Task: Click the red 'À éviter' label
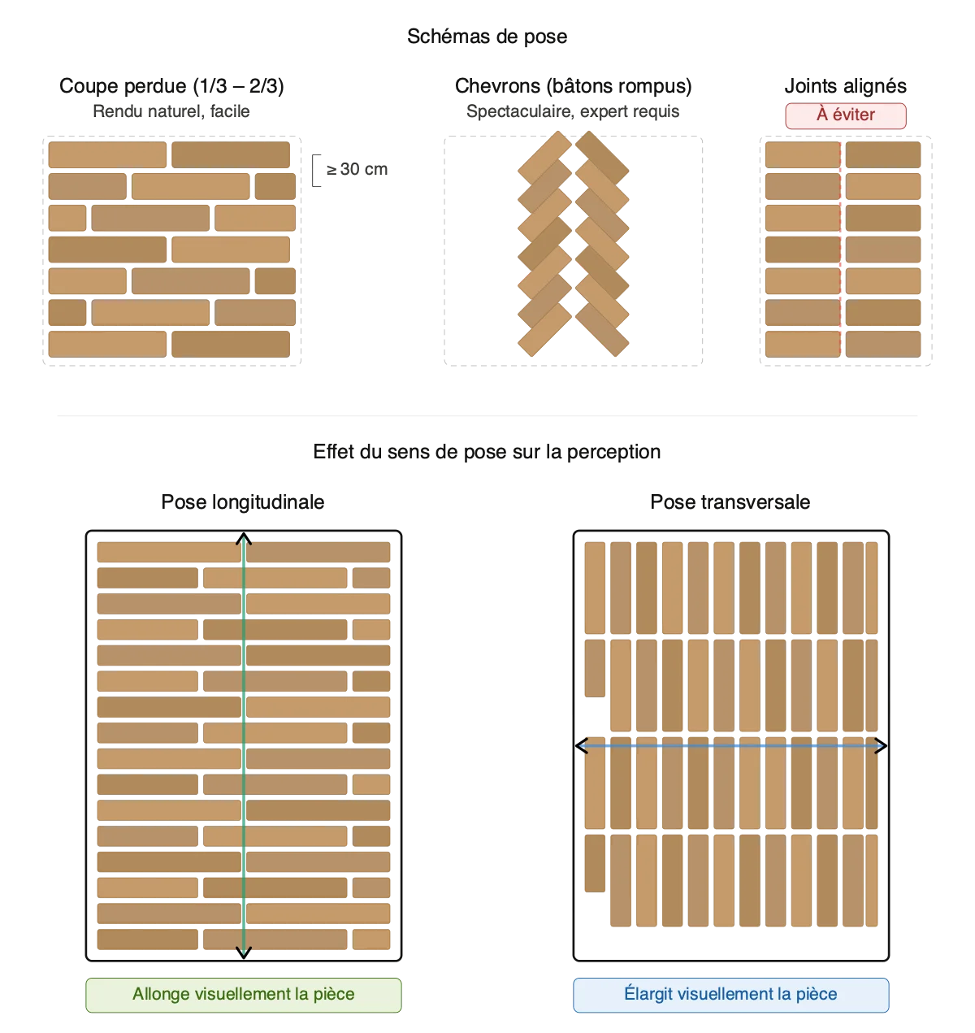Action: [846, 115]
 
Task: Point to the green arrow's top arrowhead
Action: [243, 540]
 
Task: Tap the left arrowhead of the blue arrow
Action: [582, 745]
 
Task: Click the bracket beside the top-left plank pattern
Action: [317, 169]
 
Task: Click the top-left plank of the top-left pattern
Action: [106, 154]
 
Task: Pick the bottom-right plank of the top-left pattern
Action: [232, 344]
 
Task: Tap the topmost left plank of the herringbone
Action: [544, 158]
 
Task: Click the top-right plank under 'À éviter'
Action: [883, 154]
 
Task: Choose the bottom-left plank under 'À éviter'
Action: [801, 344]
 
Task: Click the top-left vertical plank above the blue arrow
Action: [595, 588]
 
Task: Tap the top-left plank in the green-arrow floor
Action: [169, 553]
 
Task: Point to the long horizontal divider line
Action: [487, 413]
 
